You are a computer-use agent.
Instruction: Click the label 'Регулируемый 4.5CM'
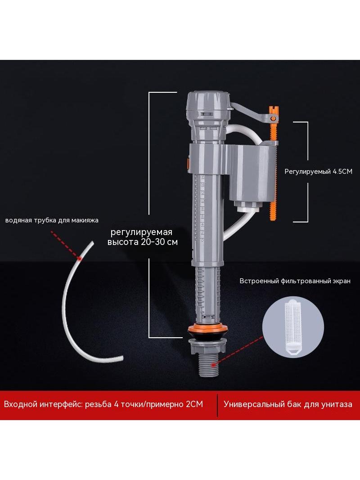point(319,172)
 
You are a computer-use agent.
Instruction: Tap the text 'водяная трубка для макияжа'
point(52,220)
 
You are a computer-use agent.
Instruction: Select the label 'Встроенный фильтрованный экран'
point(295,281)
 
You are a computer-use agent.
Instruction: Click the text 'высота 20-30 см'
point(142,242)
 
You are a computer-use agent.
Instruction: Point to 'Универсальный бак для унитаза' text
point(288,404)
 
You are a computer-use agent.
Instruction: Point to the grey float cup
point(251,174)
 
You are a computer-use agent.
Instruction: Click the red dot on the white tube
point(80,258)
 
